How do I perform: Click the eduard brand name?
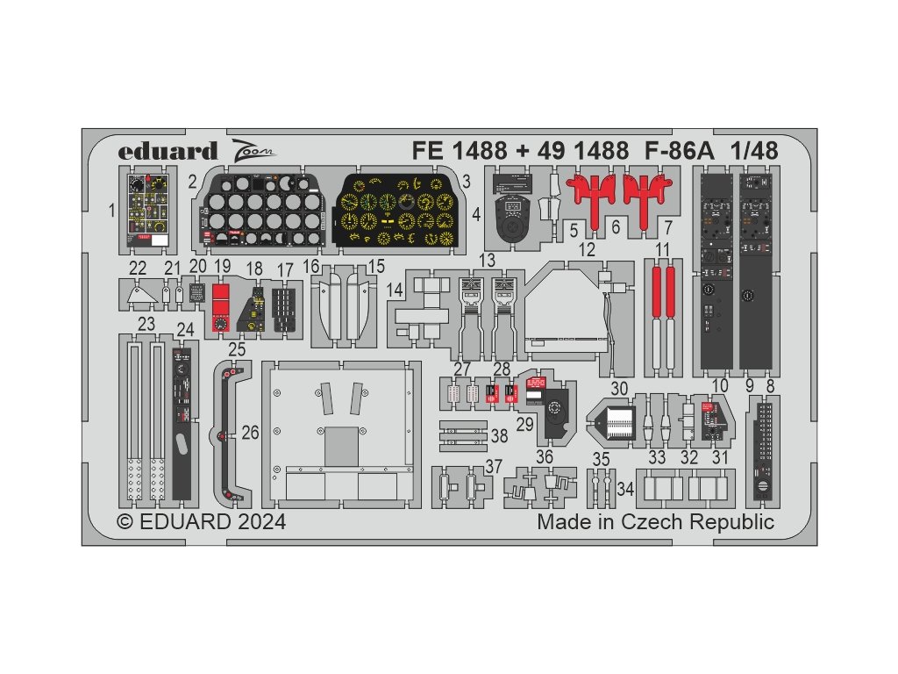click(167, 151)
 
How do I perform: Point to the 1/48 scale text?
click(752, 151)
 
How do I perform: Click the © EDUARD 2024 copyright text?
click(202, 522)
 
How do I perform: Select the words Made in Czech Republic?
click(656, 522)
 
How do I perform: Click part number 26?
click(251, 433)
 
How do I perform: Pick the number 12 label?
click(587, 250)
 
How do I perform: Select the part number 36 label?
click(544, 456)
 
